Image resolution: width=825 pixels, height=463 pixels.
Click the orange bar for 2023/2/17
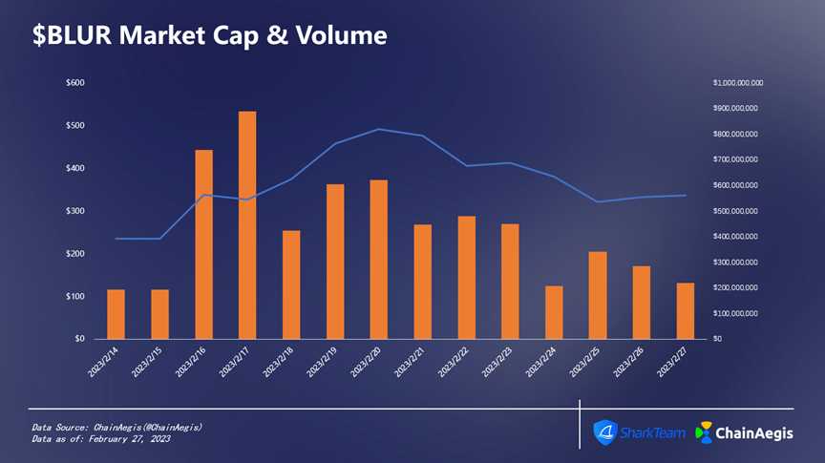tap(247, 224)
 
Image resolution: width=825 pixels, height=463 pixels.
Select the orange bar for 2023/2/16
tap(203, 243)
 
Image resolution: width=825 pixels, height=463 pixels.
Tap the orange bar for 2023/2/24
tap(554, 312)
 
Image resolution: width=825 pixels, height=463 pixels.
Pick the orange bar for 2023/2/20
tap(378, 259)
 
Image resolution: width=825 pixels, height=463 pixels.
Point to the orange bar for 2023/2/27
tap(685, 310)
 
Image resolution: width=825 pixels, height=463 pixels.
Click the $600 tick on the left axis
tap(74, 83)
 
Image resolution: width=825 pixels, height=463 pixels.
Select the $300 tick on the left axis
tap(74, 211)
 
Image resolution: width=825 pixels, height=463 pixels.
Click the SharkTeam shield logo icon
tap(605, 432)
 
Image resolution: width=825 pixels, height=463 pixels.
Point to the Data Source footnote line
tap(116, 426)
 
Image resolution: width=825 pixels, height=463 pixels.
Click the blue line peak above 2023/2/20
tap(378, 129)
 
